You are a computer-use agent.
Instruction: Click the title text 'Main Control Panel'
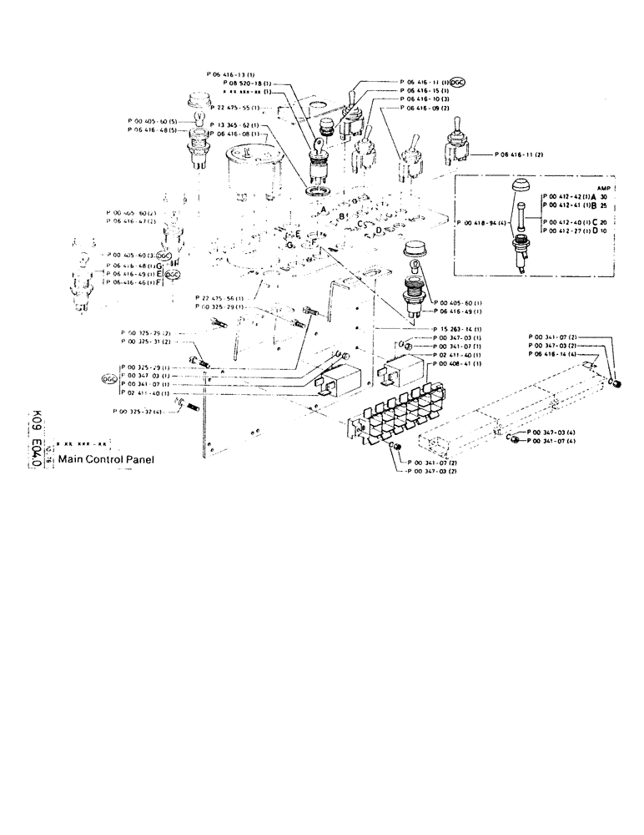click(106, 458)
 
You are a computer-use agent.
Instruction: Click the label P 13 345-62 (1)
click(234, 125)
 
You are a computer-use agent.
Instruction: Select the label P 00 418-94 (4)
click(484, 223)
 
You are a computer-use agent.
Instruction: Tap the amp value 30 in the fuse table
click(615, 195)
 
